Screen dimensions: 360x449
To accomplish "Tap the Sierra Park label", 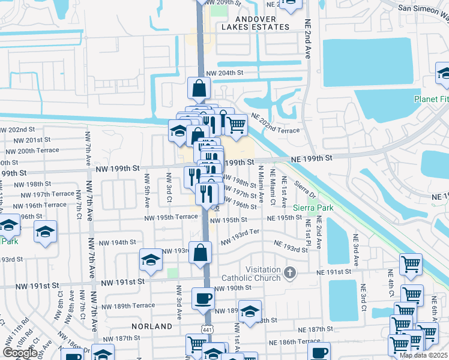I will click(317, 208).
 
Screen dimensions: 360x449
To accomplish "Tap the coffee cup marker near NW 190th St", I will click(203, 298).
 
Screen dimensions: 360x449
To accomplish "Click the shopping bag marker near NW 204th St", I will click(198, 88).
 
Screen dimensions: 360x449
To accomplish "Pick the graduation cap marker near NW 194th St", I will click(151, 259).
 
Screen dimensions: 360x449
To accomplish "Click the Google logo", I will click(20, 353).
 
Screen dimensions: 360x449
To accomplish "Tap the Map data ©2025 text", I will click(423, 355).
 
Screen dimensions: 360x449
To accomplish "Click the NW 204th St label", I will click(224, 73).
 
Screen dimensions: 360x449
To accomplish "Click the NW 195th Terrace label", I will click(170, 217).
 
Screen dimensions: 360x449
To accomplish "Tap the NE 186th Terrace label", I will click(295, 341).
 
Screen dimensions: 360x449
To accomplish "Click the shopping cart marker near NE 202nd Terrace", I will click(236, 124).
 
